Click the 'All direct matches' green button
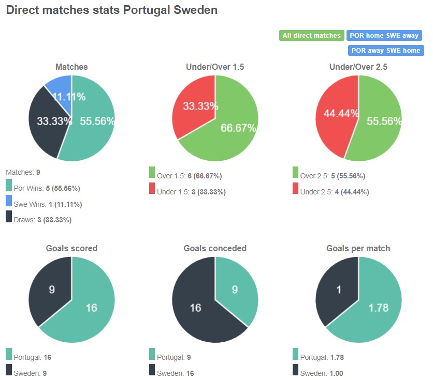311,36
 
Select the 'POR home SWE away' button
384,36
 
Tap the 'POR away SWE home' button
386,51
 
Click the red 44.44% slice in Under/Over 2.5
334,116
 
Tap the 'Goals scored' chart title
71,248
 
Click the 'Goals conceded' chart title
215,248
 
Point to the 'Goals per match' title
358,248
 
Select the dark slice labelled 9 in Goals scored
49,290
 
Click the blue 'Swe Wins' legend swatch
9,201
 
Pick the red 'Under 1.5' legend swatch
152,189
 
